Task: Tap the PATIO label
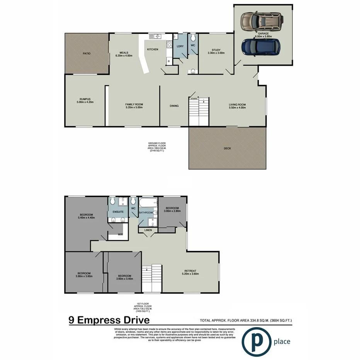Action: [x=87, y=53]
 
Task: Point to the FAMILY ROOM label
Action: [x=134, y=105]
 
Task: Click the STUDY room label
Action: [x=216, y=49]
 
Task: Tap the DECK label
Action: [x=228, y=148]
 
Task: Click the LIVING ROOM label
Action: [x=237, y=105]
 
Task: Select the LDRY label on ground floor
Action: [x=180, y=46]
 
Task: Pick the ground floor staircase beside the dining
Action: [x=199, y=112]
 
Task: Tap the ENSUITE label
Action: [x=118, y=212]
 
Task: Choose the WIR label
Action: [x=120, y=234]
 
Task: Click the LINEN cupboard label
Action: [x=148, y=231]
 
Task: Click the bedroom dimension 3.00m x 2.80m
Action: [x=172, y=211]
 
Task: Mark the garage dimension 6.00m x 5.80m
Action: [x=263, y=37]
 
